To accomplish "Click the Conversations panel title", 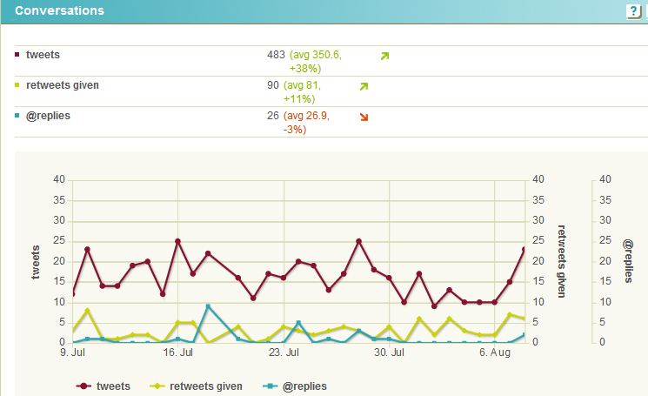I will pyautogui.click(x=59, y=11).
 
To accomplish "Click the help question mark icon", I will pyautogui.click(x=632, y=11).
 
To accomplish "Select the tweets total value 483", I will pyautogui.click(x=276, y=55).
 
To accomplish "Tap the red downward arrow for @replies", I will pyautogui.click(x=364, y=117).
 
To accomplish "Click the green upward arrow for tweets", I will pyautogui.click(x=384, y=57).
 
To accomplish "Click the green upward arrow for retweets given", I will pyautogui.click(x=364, y=87).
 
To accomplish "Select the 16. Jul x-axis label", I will pyautogui.click(x=178, y=353).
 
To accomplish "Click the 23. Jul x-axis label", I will pyautogui.click(x=284, y=353).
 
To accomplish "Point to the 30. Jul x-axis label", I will pyautogui.click(x=390, y=353).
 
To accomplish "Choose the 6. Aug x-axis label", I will pyautogui.click(x=493, y=353).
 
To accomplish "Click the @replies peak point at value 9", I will pyautogui.click(x=208, y=306).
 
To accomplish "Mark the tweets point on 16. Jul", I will pyautogui.click(x=177, y=241).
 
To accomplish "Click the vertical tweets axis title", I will pyautogui.click(x=37, y=261).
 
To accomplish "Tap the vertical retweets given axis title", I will pyautogui.click(x=561, y=261).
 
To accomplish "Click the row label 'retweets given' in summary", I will pyautogui.click(x=63, y=85).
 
